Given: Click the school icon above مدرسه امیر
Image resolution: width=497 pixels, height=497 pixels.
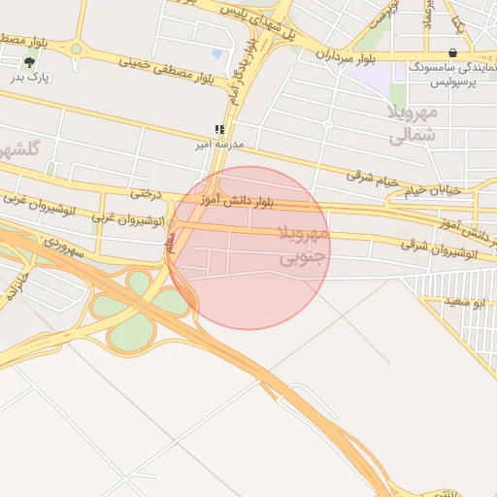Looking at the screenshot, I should point(220,129).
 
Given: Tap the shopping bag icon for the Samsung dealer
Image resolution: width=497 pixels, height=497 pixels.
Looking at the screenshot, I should point(452,53).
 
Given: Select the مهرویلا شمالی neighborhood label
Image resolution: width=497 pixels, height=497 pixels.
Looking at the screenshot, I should point(414,123).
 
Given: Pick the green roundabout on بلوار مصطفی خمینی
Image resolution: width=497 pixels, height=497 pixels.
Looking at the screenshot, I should point(77,49).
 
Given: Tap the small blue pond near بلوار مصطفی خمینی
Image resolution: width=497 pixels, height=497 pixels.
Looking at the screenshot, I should point(216,53).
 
